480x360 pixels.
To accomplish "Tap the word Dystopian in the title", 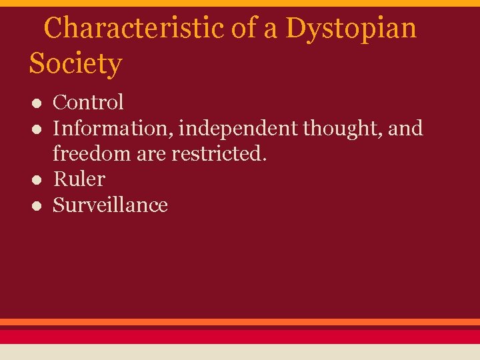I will click(x=351, y=28).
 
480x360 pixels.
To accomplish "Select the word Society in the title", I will click(x=75, y=64).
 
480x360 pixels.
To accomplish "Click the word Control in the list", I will click(x=88, y=103).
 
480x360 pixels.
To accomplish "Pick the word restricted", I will click(x=219, y=153).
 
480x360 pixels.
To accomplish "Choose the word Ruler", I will click(x=79, y=179).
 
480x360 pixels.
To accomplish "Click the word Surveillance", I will click(x=110, y=205).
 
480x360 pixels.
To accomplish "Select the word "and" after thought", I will click(x=405, y=128).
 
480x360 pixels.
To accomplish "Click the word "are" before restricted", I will click(x=153, y=153).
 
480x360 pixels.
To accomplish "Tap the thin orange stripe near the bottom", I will click(x=240, y=322).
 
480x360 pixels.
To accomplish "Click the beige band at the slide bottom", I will click(x=240, y=352).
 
